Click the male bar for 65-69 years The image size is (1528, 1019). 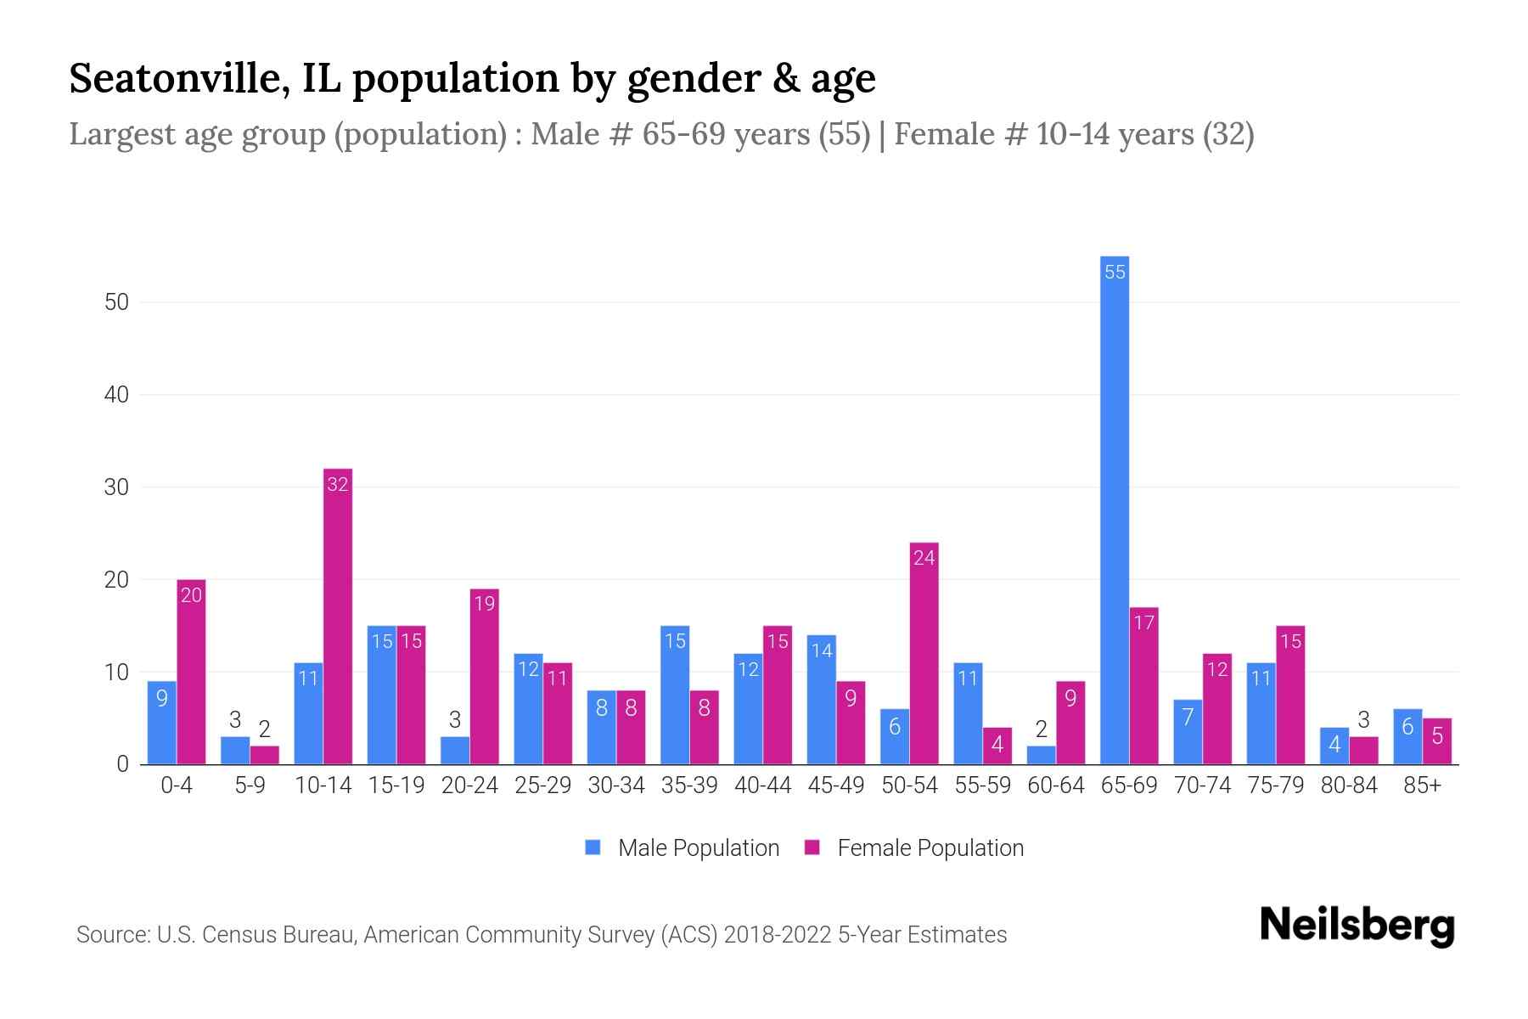point(1114,509)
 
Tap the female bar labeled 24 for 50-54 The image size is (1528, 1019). point(924,654)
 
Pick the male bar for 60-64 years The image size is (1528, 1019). point(1041,755)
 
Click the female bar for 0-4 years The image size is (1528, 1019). point(191,671)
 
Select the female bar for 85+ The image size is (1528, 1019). point(1437,741)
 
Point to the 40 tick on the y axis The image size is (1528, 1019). point(116,395)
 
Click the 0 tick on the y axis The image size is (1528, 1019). point(122,764)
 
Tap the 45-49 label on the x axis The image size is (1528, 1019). point(836,785)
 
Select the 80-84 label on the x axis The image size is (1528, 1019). point(1349,785)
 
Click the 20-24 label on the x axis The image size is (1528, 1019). point(469,785)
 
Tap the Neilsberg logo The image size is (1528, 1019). point(1357,925)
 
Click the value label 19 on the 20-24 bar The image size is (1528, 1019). point(484,604)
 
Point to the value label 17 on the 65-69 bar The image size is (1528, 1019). point(1143,623)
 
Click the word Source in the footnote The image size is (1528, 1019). point(111,935)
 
